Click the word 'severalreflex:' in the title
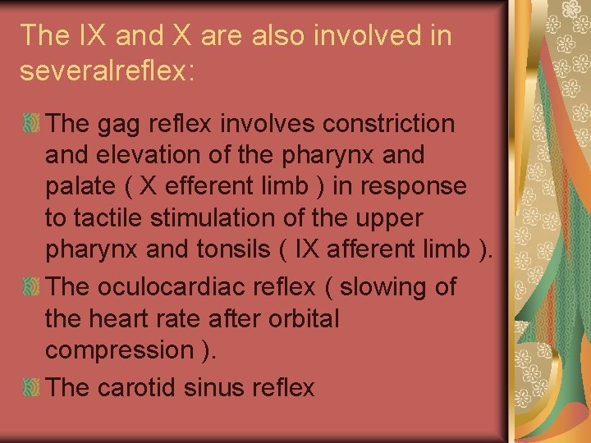tap(107, 70)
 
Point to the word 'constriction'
tap(389, 124)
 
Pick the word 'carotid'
tap(138, 387)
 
